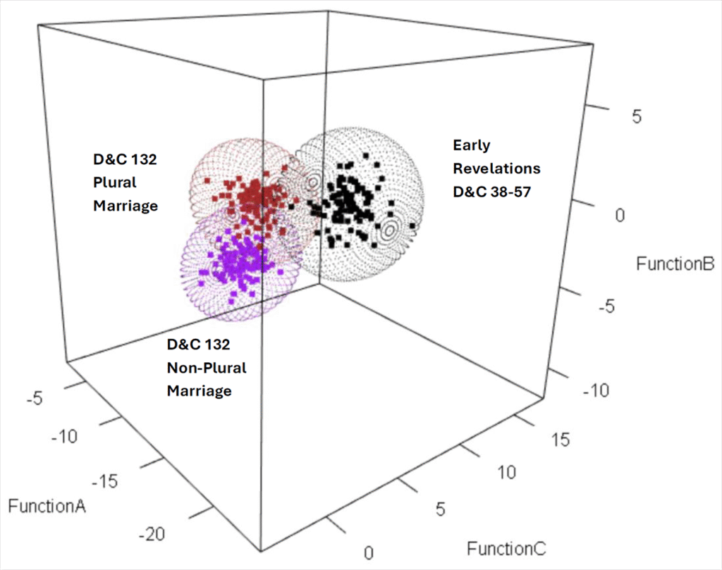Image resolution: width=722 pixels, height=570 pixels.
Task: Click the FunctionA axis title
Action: point(47,505)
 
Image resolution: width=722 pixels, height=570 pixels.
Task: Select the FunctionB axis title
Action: point(675,264)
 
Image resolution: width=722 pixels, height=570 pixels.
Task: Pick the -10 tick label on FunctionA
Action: point(69,437)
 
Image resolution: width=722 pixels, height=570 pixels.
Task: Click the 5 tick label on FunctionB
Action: point(636,117)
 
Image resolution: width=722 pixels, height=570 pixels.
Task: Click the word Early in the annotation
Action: point(471,145)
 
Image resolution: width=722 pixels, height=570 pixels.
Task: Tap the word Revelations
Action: point(496,168)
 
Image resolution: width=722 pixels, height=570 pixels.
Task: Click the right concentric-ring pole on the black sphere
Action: point(390,229)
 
